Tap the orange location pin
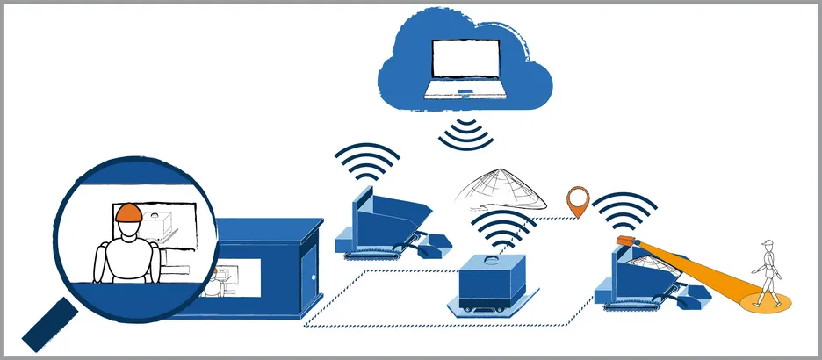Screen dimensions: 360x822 click(577, 201)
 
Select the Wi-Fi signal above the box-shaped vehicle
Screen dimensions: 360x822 click(505, 229)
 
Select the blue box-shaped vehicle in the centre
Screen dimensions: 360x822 click(494, 283)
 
